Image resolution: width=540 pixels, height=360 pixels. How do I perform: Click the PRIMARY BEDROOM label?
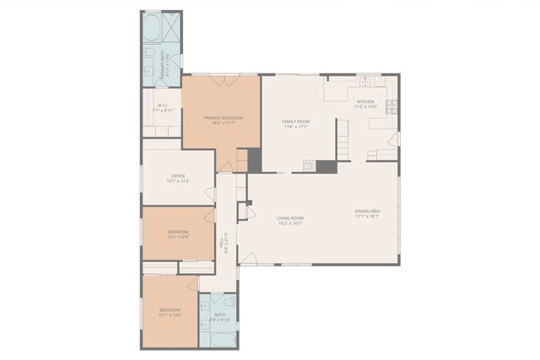224,118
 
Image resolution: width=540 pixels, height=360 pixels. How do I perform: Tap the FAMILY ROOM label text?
295,121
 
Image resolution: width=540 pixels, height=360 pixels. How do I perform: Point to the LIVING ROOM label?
289,218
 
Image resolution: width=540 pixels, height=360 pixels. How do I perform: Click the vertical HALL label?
221,244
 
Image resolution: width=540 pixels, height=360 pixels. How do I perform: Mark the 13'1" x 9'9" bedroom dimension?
178,237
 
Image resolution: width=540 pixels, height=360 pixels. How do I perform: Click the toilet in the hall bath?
229,301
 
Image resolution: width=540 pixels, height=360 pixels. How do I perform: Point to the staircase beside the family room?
342,137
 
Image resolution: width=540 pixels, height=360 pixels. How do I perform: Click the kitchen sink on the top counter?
365,83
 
